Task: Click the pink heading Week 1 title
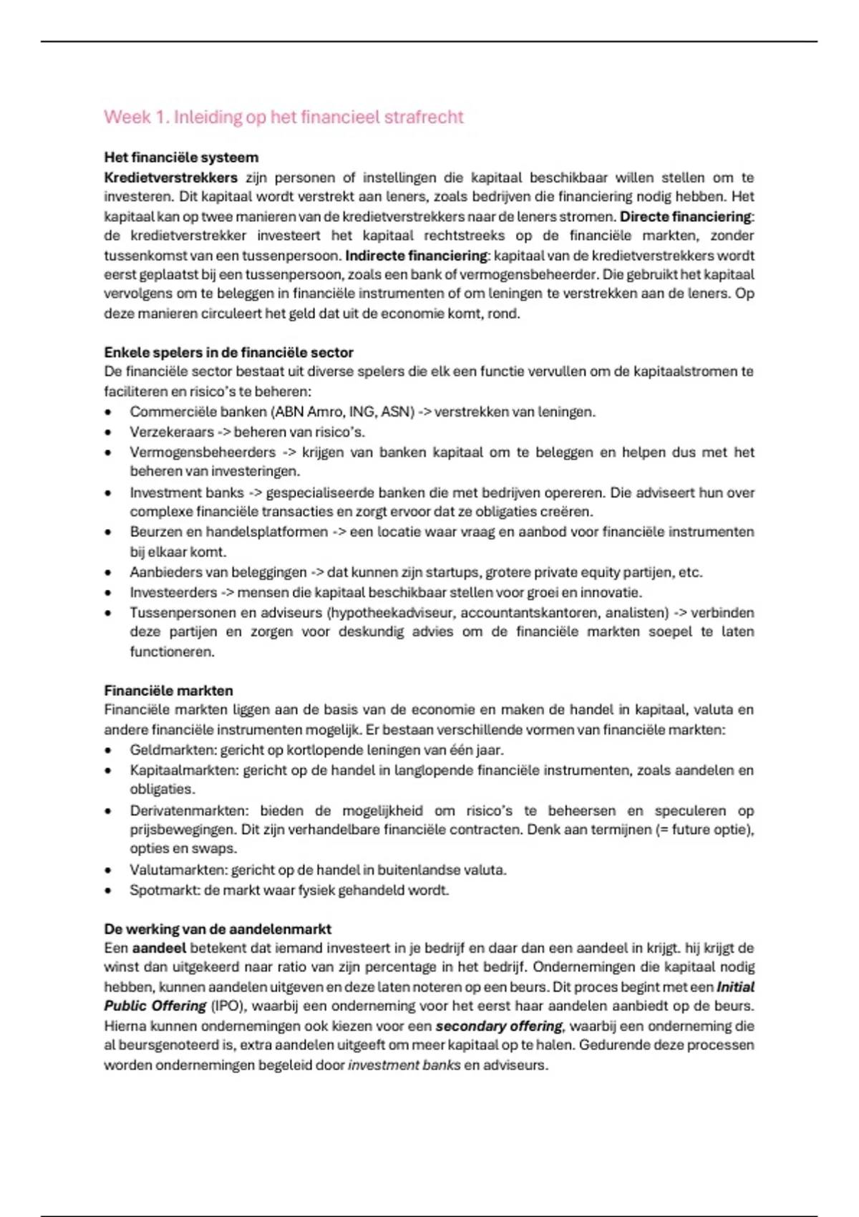[x=283, y=117]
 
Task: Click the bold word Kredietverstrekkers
[x=170, y=178]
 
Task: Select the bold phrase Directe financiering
[x=686, y=216]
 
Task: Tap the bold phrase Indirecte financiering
[x=416, y=256]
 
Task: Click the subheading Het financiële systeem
[x=181, y=157]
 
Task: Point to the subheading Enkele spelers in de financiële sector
[x=228, y=352]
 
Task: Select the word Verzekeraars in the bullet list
[x=172, y=432]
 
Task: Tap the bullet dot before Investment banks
[x=108, y=493]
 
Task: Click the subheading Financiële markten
[x=168, y=691]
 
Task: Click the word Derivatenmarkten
[x=189, y=811]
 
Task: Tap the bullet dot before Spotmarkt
[x=108, y=891]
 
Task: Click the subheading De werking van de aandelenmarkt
[x=218, y=929]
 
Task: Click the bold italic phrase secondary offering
[x=499, y=1026]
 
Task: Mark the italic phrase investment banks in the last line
[x=404, y=1065]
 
